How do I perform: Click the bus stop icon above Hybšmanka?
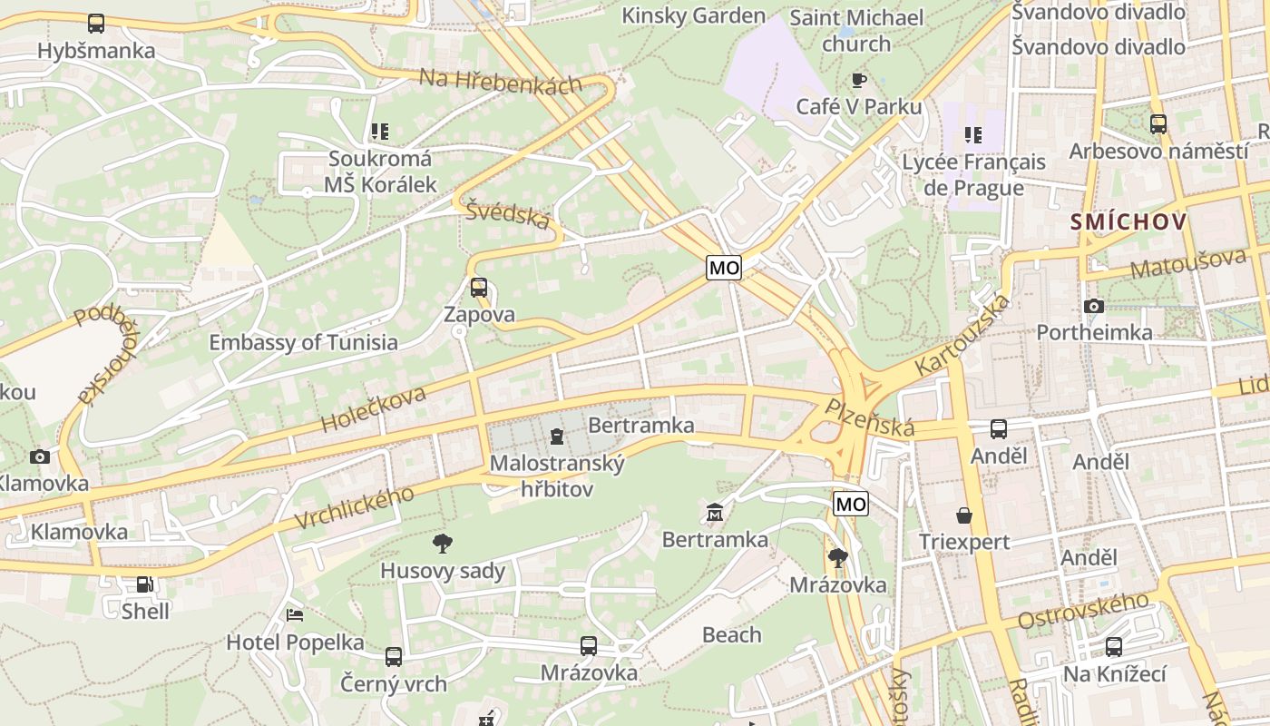pos(96,24)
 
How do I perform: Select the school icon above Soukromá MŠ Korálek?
pos(380,132)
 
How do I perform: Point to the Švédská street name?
pos(508,215)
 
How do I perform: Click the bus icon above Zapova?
pos(479,288)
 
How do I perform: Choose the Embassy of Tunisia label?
pos(303,342)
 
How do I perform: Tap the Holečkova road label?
pos(373,409)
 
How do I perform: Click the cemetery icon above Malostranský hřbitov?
pos(556,437)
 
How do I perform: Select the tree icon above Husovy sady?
pos(443,544)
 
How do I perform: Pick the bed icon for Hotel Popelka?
pos(295,614)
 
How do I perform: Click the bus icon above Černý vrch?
pos(394,656)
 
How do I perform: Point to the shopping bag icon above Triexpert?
pos(963,515)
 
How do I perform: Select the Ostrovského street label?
pos(1083,612)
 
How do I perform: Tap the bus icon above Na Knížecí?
pos(1114,647)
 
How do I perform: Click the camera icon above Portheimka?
pos(1094,306)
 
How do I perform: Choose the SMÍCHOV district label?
pos(1128,221)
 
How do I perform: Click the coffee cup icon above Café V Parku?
pos(858,81)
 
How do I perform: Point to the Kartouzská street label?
pos(962,336)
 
